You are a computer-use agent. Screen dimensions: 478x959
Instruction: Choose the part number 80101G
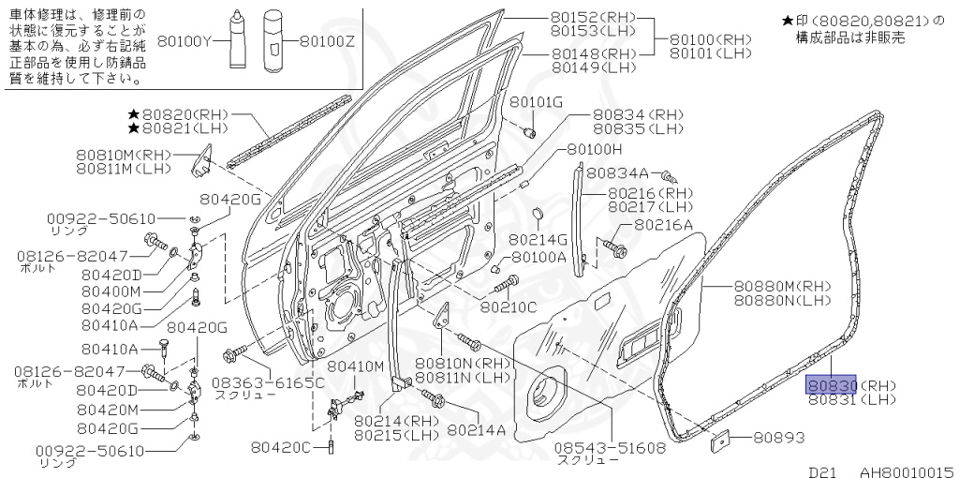[x=537, y=101]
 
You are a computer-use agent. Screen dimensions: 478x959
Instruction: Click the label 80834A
[x=617, y=173]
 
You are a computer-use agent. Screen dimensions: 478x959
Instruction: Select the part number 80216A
[x=663, y=225]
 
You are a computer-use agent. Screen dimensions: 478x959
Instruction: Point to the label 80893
[x=779, y=437]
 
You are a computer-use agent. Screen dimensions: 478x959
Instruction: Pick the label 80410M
[x=356, y=366]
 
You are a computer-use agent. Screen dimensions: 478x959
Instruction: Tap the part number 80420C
[x=281, y=447]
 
